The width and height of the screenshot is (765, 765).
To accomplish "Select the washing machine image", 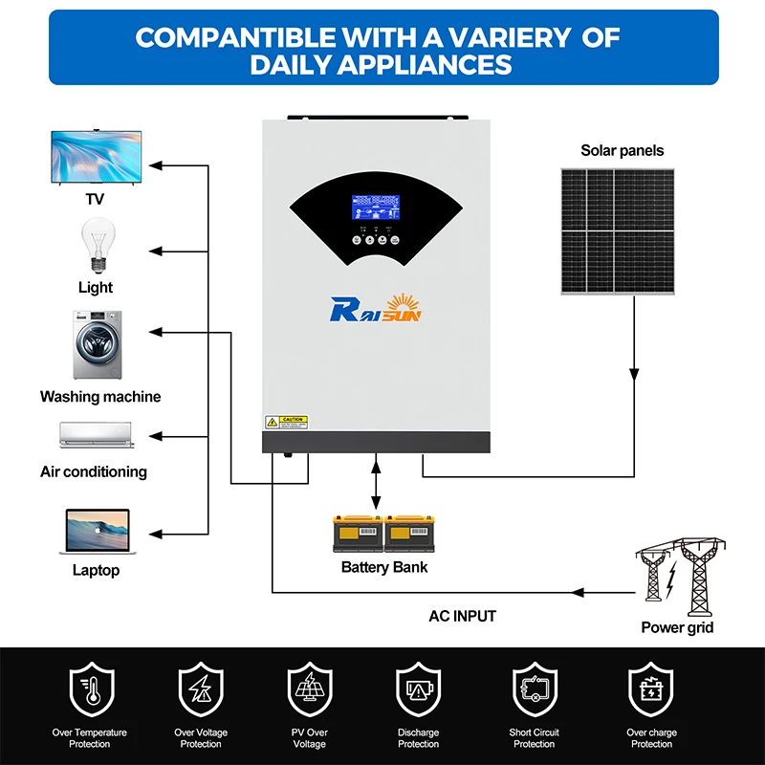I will [x=96, y=344].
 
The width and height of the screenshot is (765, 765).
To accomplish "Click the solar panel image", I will [x=617, y=230].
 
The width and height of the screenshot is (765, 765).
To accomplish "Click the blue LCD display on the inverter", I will [x=376, y=210].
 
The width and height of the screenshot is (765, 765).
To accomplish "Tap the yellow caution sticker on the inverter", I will [x=285, y=422].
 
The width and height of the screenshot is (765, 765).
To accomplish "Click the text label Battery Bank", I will [x=384, y=567].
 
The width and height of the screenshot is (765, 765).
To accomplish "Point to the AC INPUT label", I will [x=463, y=617].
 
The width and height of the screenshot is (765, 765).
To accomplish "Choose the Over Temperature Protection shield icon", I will [x=92, y=691].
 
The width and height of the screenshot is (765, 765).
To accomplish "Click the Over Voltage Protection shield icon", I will [x=201, y=691].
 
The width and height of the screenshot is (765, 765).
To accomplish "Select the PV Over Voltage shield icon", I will [x=310, y=691].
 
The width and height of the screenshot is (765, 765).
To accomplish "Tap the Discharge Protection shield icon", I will [x=419, y=691].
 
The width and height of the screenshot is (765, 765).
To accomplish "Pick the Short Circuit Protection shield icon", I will [x=534, y=691].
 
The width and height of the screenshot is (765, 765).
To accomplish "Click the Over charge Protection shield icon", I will [x=650, y=691].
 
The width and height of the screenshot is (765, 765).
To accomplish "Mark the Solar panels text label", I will [x=622, y=150].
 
